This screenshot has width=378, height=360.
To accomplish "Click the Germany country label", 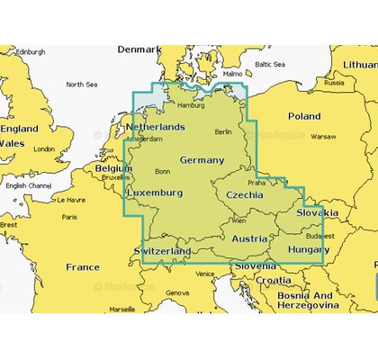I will (x=202, y=159).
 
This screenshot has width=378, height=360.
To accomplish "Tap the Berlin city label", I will (x=224, y=131).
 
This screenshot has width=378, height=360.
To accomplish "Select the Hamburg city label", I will (x=191, y=105).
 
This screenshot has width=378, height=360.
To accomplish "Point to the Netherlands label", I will (x=155, y=127).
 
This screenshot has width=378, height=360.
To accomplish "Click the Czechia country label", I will (x=244, y=193).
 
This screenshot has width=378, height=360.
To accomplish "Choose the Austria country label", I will (x=249, y=238).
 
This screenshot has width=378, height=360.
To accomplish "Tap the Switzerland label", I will (x=162, y=249).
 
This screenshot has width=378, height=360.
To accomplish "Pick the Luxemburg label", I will (x=156, y=193).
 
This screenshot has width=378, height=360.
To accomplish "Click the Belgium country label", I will (x=113, y=167).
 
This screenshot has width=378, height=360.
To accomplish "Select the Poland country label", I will (x=303, y=116).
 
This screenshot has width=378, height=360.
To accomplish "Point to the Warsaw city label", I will (x=323, y=137).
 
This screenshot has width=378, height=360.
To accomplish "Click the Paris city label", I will (x=69, y=217).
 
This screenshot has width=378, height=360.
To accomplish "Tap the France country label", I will (x=83, y=266).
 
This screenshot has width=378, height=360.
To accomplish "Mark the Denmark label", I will (x=139, y=49).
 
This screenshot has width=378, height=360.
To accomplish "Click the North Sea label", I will (x=81, y=84).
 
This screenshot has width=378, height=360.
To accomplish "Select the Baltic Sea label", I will (x=269, y=65).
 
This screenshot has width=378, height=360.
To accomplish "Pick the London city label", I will (x=44, y=148).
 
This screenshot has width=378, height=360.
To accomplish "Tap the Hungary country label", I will (x=308, y=248).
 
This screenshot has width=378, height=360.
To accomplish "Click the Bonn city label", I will (x=163, y=171).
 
